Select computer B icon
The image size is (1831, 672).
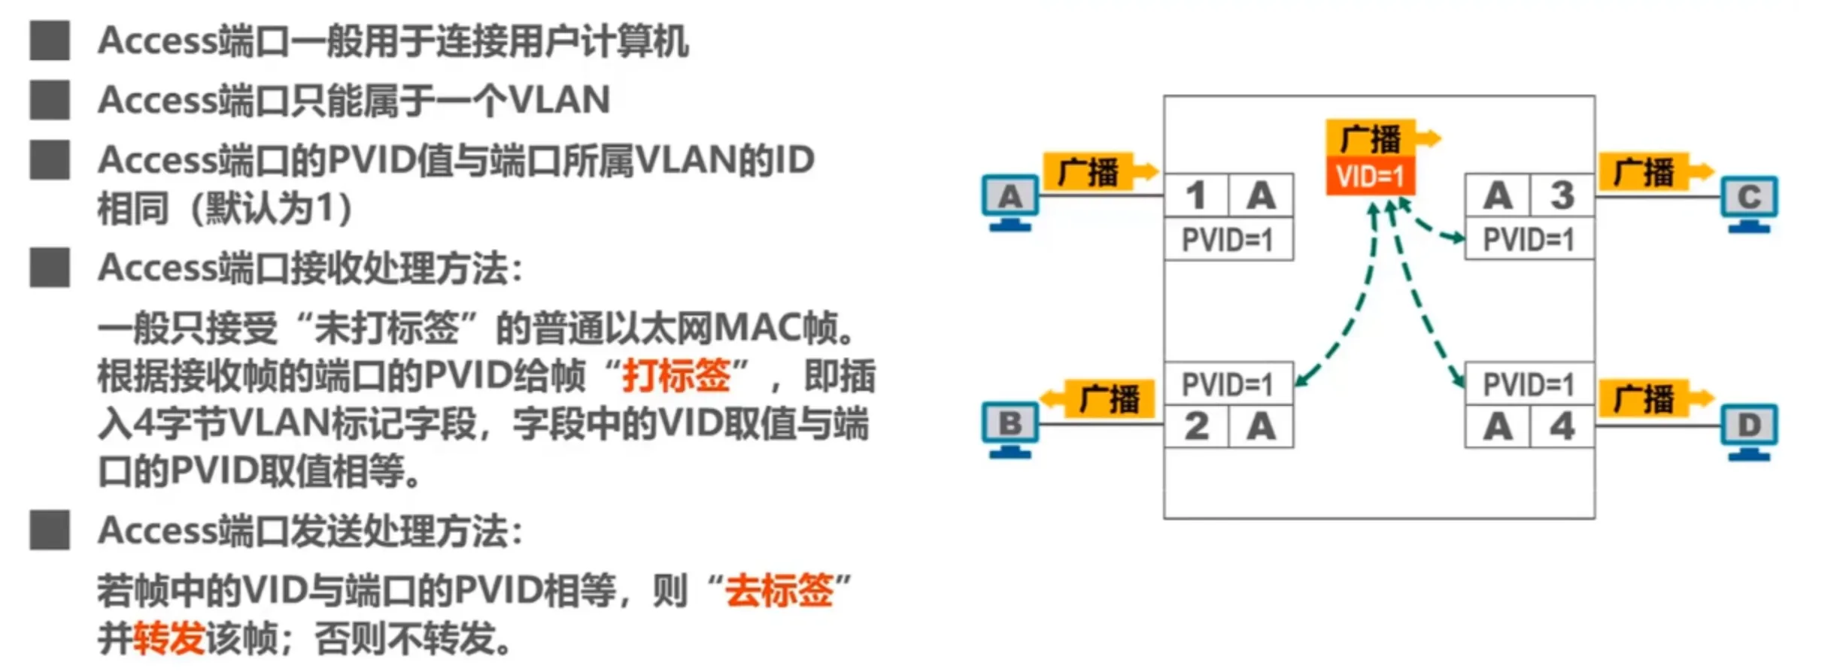1010,429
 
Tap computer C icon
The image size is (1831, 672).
1749,202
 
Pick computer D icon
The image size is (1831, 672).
1749,431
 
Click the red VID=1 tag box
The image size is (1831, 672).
1370,176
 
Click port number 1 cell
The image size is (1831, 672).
1196,196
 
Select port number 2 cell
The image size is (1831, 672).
1196,427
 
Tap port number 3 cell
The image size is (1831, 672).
1562,196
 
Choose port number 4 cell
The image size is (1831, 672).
1562,427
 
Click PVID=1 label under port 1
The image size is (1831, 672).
1228,240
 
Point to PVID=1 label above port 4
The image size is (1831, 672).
1529,384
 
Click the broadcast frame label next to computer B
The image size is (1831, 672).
1109,398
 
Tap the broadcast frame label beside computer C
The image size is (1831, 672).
1644,172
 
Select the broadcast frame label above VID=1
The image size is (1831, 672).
1371,138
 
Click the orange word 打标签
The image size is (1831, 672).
676,375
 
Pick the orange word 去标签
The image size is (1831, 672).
779,590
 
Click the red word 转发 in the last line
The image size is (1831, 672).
169,639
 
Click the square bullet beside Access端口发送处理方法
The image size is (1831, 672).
50,531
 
